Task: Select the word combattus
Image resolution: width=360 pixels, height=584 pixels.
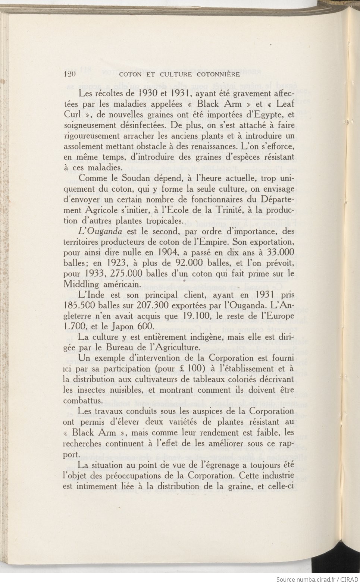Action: coord(82,401)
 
